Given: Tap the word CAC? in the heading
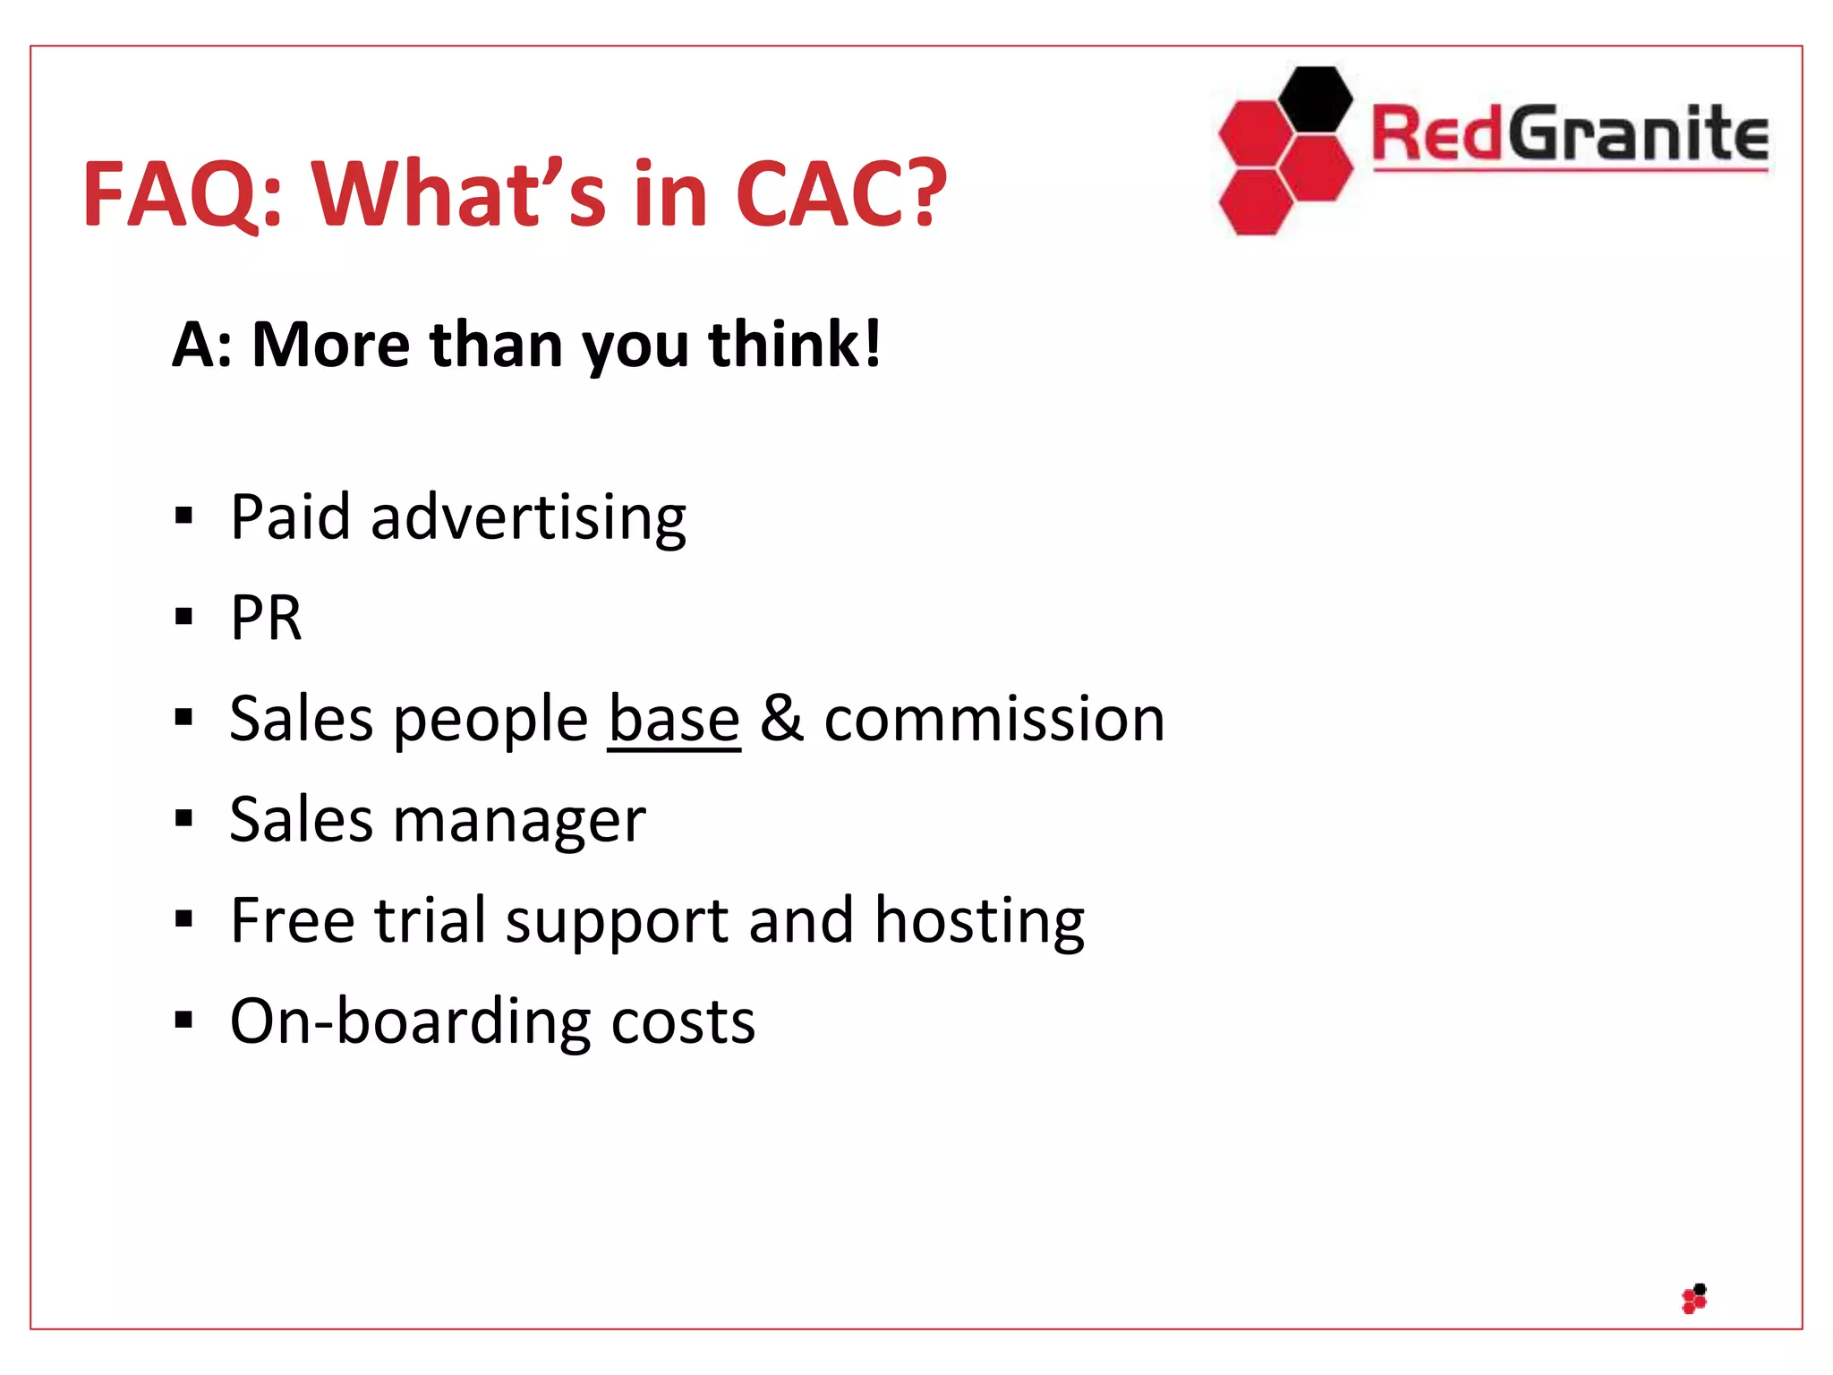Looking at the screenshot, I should tap(840, 193).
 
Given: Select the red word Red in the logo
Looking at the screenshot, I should tap(1436, 134).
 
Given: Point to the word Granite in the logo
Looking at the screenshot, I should tap(1638, 134).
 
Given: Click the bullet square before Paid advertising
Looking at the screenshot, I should tap(184, 516).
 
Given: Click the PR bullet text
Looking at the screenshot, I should tap(266, 618).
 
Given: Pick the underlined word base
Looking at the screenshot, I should tap(674, 719).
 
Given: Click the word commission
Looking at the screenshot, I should tap(993, 719).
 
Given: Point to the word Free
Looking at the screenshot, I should tap(292, 920).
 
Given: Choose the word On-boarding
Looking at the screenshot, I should tap(410, 1021).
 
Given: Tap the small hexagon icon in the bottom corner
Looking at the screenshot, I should tap(1694, 1299).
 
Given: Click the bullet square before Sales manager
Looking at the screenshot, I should tap(184, 818).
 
